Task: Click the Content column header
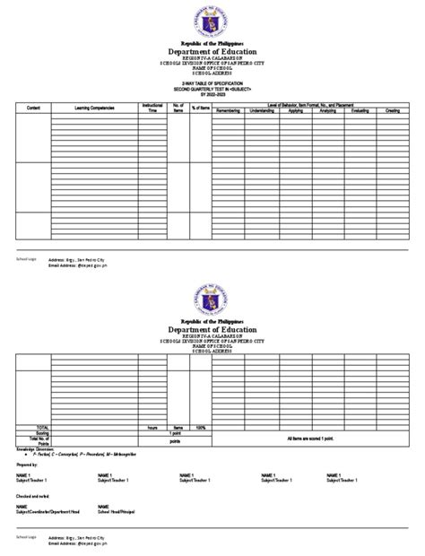(33, 108)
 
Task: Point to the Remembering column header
(228, 110)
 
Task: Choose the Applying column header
(296, 110)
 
